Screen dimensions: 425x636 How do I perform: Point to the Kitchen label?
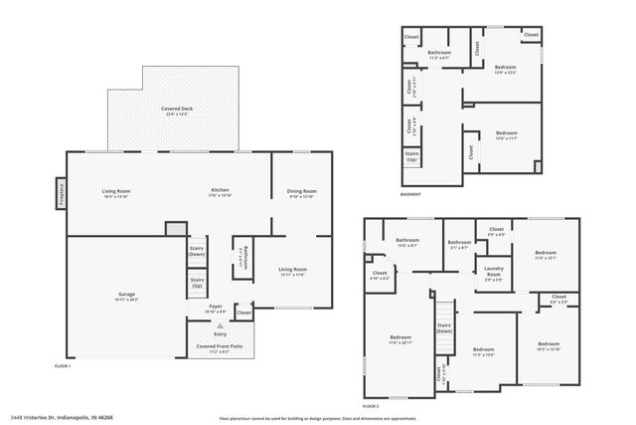coord(221,193)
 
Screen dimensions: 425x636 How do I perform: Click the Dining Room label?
coord(301,193)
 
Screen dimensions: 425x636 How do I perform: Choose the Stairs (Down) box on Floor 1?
coord(197,253)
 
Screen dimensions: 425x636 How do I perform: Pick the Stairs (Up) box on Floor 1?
coord(197,283)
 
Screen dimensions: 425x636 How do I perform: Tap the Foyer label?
coord(216,310)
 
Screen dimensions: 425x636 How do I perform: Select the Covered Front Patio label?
coord(220,348)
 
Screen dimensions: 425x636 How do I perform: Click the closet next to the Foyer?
coord(243,313)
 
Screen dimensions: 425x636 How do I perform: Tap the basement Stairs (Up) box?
coord(411,157)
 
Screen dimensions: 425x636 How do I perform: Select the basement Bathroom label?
coord(439,55)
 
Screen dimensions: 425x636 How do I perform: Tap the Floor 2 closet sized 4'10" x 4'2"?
coord(380,275)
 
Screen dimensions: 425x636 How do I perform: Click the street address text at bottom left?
coord(64,417)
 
